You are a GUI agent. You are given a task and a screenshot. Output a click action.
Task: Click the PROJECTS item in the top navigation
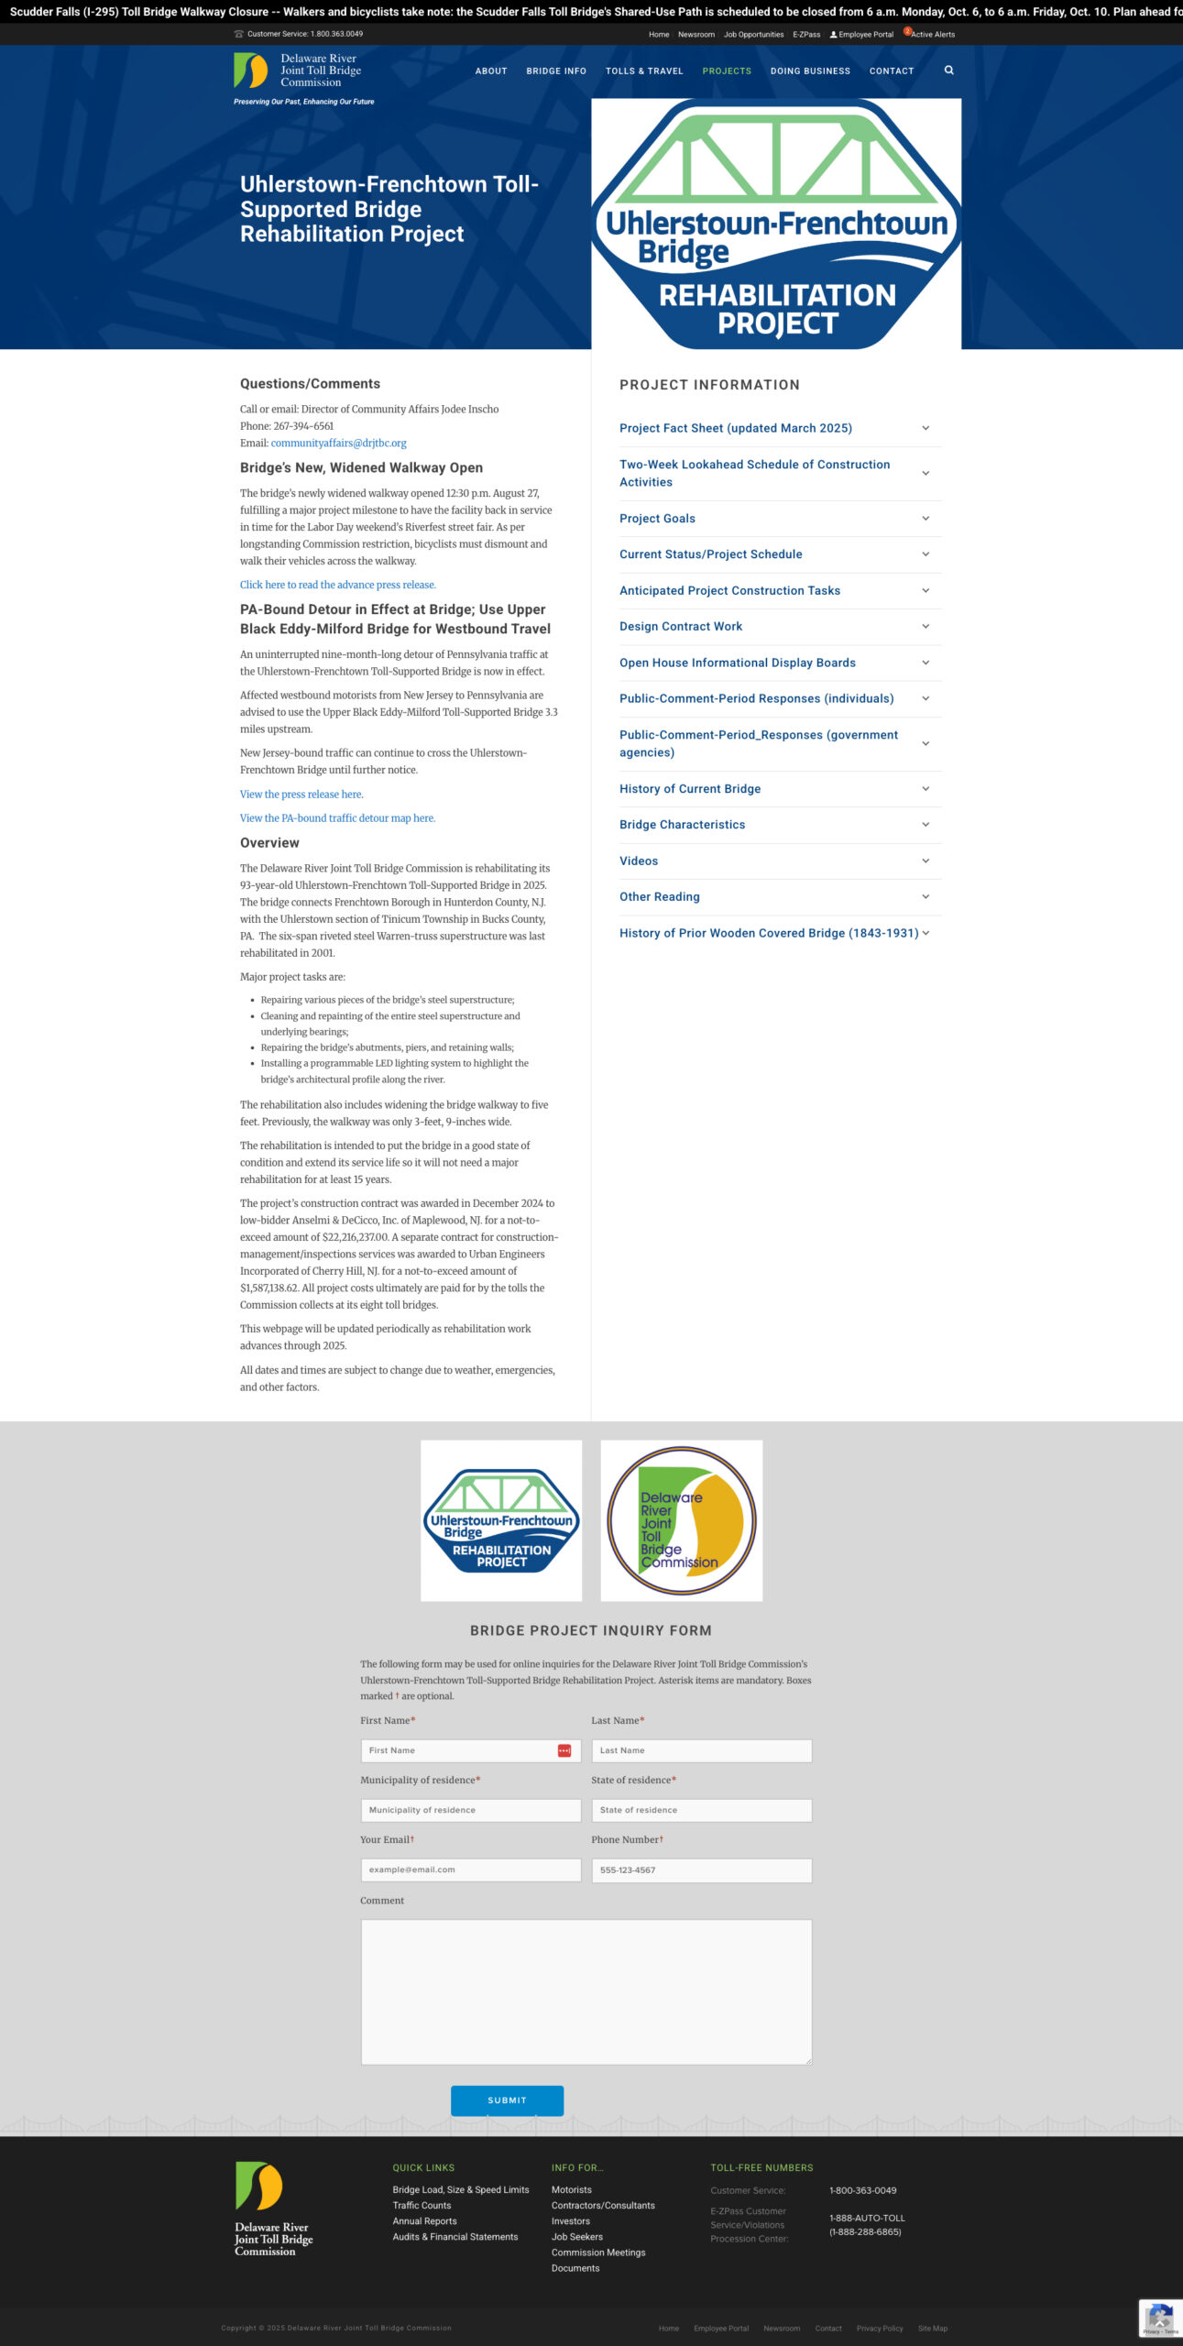click(x=726, y=71)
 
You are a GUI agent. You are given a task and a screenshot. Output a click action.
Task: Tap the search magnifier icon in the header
click(x=948, y=70)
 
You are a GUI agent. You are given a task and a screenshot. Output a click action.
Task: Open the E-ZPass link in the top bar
click(x=806, y=35)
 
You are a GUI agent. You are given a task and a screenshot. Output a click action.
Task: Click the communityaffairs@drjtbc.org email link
click(x=338, y=443)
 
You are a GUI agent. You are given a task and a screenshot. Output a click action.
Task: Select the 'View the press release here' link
click(x=301, y=795)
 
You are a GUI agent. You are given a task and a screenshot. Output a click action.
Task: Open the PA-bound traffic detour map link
click(x=337, y=818)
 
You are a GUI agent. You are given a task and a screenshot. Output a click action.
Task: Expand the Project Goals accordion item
click(x=657, y=519)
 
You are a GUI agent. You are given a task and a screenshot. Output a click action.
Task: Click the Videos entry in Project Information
click(x=639, y=861)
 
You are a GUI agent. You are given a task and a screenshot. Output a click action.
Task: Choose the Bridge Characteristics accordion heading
click(x=682, y=825)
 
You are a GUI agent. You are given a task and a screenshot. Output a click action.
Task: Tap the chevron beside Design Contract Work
click(x=926, y=627)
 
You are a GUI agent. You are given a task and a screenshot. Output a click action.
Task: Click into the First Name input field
click(x=458, y=1750)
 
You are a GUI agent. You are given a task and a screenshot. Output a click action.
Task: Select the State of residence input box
click(x=701, y=1810)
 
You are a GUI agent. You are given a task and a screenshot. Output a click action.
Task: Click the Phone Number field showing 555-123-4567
click(x=701, y=1869)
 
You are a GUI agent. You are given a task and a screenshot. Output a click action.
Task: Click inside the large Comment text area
click(x=586, y=1990)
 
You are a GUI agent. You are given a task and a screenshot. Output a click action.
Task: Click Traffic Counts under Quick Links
click(x=422, y=2206)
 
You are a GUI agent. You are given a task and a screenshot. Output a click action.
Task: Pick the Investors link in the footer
click(x=570, y=2221)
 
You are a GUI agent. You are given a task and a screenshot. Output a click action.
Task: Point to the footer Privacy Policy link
click(x=879, y=2328)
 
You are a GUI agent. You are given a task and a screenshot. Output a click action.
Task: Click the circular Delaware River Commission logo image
click(x=681, y=1520)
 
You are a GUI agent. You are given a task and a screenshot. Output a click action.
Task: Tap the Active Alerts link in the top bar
click(x=932, y=35)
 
